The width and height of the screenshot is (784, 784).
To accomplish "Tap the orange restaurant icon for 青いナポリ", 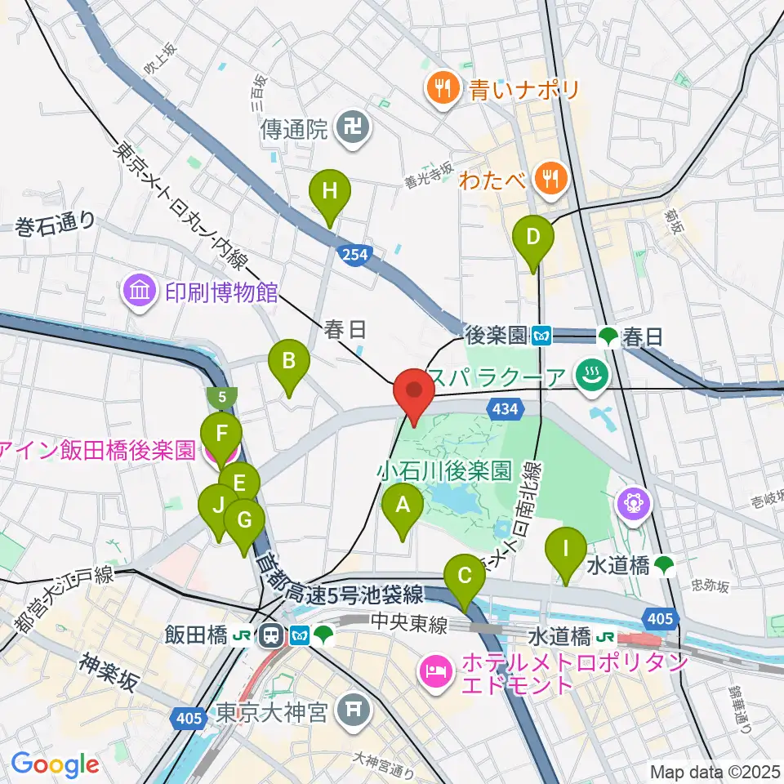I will (x=444, y=88).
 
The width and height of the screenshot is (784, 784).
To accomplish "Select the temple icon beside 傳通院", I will (x=354, y=128).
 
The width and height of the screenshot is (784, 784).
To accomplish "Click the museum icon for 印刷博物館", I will (x=140, y=292).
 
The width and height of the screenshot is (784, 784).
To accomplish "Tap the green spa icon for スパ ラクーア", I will (x=587, y=377).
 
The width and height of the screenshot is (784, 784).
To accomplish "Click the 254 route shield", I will (x=355, y=256).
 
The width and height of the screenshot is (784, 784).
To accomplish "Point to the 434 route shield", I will (x=503, y=407).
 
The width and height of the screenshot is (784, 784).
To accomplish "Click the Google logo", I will (x=55, y=764).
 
